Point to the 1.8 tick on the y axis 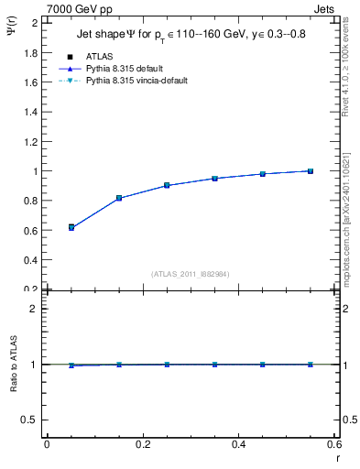click(x=32, y=52)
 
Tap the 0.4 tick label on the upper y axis click(x=32, y=260)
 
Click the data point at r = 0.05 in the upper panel click(x=71, y=227)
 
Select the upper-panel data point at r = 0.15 click(x=119, y=198)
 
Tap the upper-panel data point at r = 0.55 click(x=311, y=171)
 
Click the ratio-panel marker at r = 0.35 click(x=214, y=365)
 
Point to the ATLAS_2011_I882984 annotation click(x=191, y=273)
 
